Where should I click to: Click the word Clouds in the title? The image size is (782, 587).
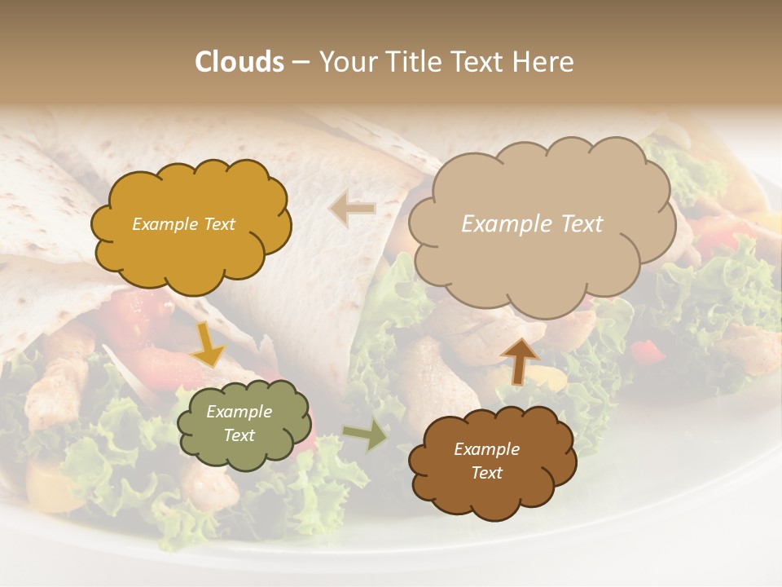pos(239,62)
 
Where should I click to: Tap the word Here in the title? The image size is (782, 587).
pos(545,62)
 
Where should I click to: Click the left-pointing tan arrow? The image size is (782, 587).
pos(352,209)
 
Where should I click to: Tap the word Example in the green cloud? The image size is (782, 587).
pos(239,412)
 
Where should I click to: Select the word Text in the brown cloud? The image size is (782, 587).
pos(486,473)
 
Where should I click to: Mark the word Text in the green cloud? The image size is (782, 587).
pos(239,435)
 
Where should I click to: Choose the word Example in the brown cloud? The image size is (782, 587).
pos(486,449)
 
